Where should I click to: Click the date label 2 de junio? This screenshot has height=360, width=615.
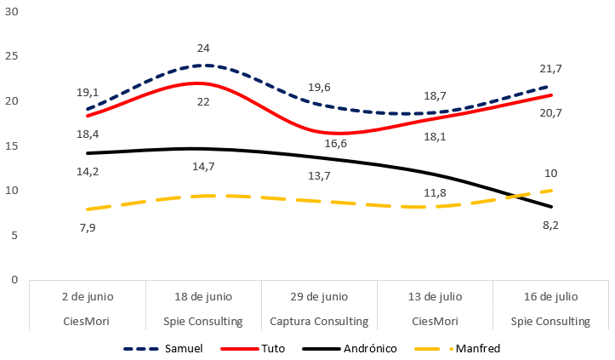[88, 297]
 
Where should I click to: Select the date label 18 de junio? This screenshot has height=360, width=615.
[203, 297]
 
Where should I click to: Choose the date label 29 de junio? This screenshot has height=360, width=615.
[319, 297]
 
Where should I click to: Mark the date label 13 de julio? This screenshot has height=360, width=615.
[435, 297]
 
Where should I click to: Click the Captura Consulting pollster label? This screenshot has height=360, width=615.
[319, 322]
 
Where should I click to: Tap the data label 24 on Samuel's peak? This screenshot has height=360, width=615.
[203, 49]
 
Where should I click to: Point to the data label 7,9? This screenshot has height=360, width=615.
[87, 227]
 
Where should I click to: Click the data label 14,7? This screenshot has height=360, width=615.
[203, 167]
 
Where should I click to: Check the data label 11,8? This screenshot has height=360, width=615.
[434, 192]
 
